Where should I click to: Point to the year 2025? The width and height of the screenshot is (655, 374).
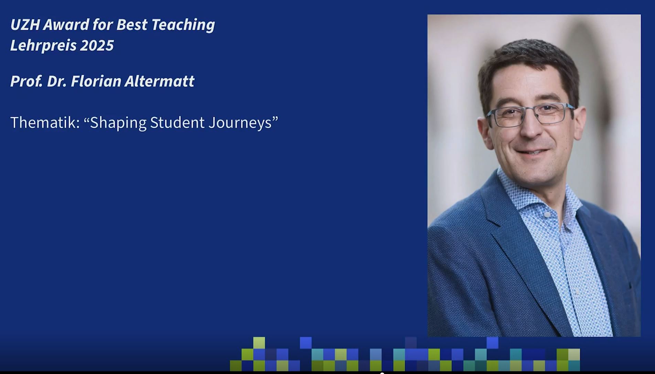pos(97,46)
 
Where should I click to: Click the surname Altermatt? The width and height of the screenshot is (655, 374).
pos(160,81)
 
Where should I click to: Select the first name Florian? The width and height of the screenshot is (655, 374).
pos(96,81)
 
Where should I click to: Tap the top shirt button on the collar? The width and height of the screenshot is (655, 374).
pos(547,215)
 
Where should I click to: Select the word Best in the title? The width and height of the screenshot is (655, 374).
pos(132,25)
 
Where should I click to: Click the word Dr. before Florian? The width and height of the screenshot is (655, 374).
pos(57,81)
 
